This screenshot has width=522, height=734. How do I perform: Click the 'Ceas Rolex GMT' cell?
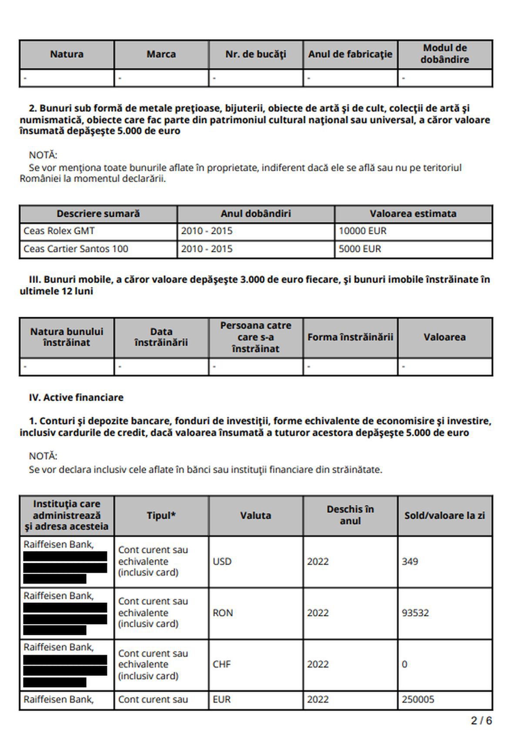59,231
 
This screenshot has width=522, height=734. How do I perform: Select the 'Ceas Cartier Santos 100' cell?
76,249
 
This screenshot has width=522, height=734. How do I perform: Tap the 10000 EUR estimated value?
362,231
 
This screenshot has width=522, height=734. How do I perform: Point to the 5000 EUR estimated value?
360,249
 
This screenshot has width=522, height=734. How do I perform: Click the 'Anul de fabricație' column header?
350,54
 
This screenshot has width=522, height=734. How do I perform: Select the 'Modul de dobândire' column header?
445,54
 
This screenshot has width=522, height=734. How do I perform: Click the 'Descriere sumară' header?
98,214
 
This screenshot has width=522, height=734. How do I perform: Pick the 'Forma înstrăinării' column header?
350,337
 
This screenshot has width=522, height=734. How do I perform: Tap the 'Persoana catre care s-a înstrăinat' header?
256,337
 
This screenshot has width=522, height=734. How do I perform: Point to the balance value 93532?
415,613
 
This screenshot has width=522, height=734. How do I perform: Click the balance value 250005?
418,700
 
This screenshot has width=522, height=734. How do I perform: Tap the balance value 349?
410,561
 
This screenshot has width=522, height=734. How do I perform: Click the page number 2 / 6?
481,721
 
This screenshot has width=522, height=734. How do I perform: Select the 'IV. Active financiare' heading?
76,398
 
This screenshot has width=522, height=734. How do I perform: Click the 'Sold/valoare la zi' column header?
445,516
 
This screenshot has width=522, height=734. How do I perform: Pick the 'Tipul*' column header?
161,516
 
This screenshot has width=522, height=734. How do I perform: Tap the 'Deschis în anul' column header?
350,515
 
